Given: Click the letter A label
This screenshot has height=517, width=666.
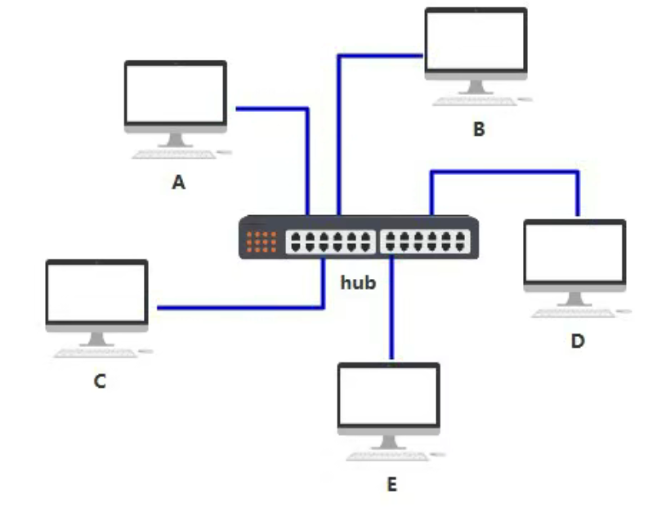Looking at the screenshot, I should point(178,183).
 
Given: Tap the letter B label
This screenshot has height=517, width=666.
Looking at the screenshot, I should point(479,129).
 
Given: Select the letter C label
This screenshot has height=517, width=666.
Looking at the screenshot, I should point(100,381).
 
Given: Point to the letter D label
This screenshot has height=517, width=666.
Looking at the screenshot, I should point(578,340).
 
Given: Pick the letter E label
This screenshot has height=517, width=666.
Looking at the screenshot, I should point(391,485).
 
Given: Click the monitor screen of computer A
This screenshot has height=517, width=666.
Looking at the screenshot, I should point(175,92).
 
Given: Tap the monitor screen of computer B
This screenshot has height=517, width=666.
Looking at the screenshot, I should point(476,41).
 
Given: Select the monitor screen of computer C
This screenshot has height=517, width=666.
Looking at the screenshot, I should point(96,291).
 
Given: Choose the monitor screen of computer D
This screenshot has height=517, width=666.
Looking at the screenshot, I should point(574,250).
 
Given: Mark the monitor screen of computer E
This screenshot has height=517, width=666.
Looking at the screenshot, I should point(389,394).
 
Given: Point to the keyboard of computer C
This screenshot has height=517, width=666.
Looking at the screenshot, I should point(96,353).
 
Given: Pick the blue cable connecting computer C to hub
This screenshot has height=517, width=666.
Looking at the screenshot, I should point(237,308).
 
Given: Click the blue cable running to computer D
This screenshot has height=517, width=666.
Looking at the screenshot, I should point(507,172).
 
